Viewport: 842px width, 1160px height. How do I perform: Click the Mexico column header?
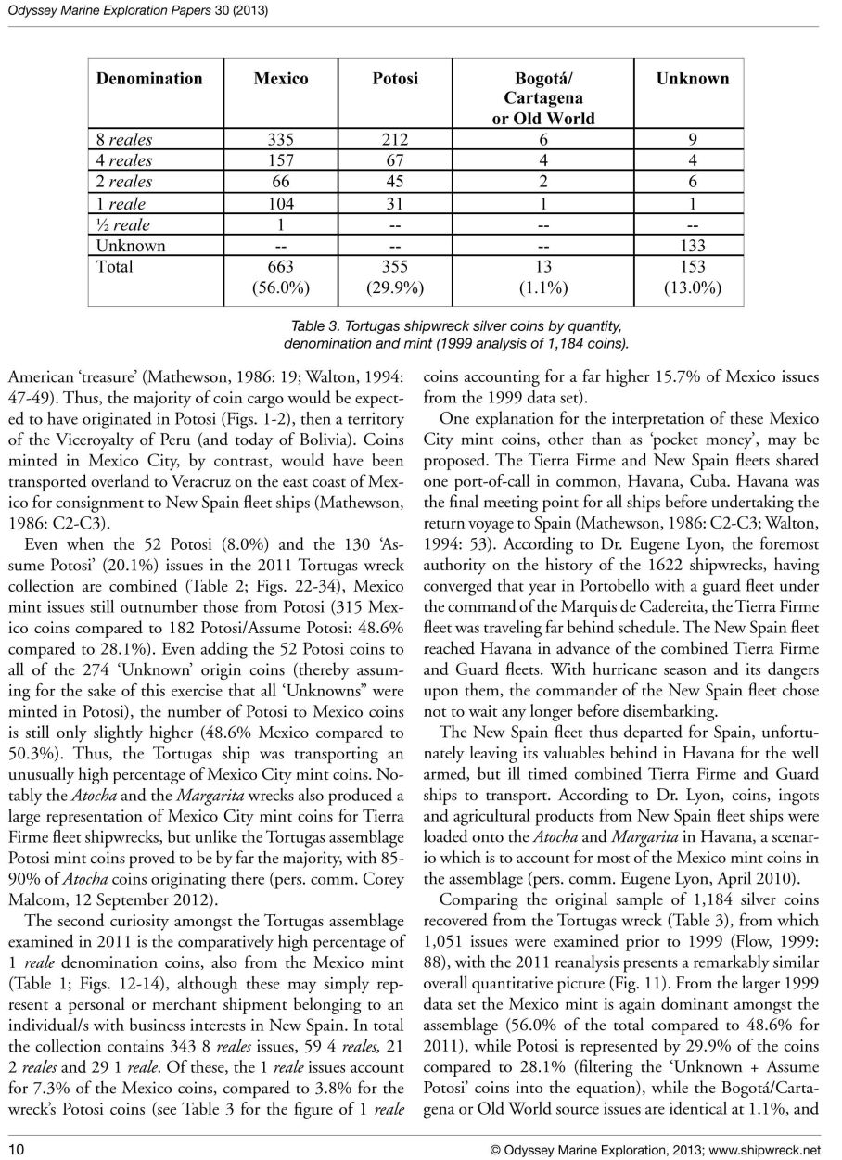click(281, 79)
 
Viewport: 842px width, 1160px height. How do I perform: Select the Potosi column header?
click(395, 79)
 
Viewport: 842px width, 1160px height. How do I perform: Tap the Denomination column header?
click(149, 79)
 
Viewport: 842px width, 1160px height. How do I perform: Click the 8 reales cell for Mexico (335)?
click(281, 140)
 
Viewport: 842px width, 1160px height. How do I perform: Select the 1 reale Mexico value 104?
click(281, 204)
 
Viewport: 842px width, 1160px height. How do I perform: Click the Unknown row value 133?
click(692, 246)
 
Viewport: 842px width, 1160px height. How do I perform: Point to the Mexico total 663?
click(281, 267)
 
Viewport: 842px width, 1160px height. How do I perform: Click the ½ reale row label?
click(123, 225)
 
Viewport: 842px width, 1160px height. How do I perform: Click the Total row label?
click(115, 267)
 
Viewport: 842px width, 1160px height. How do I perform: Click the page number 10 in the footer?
click(16, 1149)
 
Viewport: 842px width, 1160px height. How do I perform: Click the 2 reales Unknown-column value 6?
click(692, 183)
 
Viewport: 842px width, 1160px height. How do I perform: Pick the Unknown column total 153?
click(692, 267)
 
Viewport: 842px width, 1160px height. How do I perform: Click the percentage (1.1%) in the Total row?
click(543, 288)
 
